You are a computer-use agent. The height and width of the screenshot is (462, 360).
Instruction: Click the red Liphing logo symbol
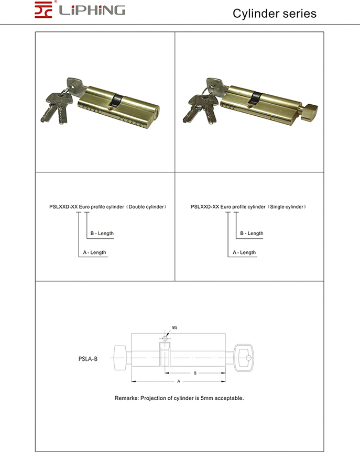pos(45,10)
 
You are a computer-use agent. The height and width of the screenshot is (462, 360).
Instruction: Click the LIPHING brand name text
pos(92,10)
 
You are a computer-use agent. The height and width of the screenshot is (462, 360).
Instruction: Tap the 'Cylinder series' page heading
pos(275,13)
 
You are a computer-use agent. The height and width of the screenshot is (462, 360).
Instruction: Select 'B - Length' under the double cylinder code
pos(102,233)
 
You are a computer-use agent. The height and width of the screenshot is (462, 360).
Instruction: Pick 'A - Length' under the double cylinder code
pos(94,252)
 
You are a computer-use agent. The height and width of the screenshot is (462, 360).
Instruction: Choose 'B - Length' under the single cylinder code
pos(252,233)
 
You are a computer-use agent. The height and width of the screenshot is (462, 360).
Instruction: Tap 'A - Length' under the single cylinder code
pos(244,252)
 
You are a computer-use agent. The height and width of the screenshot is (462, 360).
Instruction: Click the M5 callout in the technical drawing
pos(175,328)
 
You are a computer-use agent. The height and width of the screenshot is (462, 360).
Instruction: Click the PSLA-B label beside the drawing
pos(85,359)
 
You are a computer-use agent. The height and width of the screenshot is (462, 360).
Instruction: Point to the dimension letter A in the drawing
pos(179,381)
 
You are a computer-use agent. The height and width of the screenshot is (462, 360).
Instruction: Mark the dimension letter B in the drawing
pos(195,373)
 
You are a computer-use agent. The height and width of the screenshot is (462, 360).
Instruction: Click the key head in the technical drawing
pos(244,358)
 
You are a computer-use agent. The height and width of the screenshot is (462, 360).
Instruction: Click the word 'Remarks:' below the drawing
pos(126,398)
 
